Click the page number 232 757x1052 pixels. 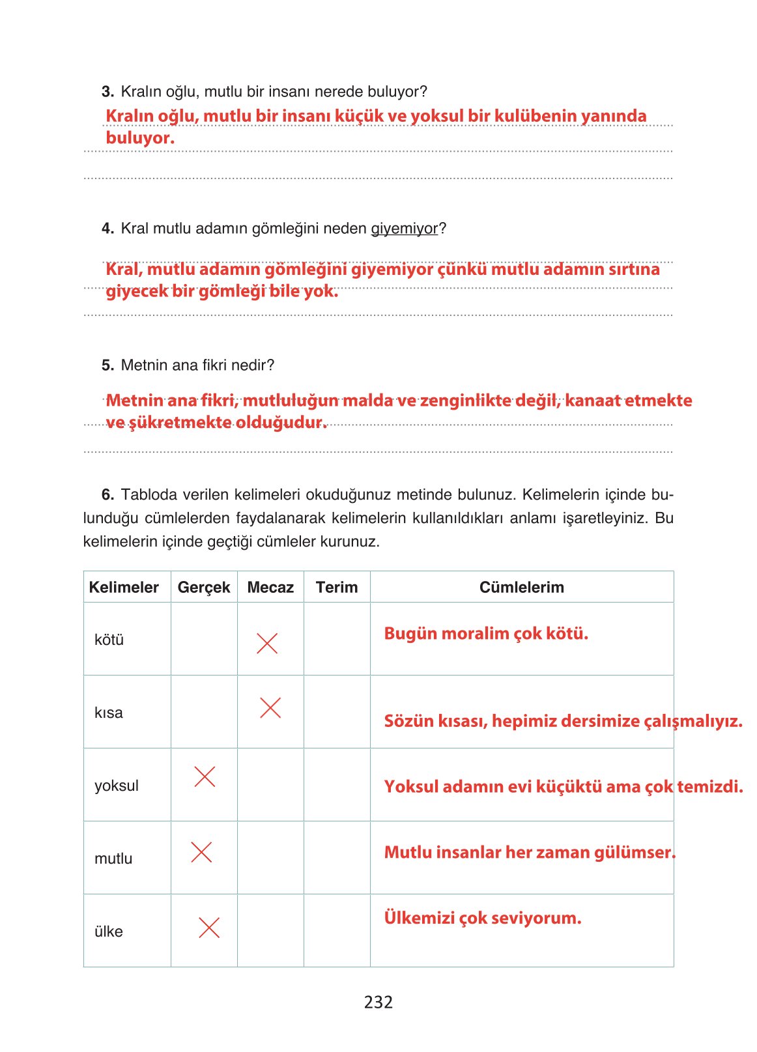[378, 1002]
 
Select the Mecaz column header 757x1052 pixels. [270, 587]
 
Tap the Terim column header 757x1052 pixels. [336, 587]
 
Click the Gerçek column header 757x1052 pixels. [204, 587]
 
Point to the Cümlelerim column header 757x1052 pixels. [521, 587]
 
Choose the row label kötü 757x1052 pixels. [109, 640]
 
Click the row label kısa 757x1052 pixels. [108, 713]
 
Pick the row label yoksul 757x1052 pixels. [116, 786]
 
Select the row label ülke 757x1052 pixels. [108, 931]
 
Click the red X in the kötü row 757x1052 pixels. [267, 643]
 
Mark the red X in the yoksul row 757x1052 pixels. [205, 776]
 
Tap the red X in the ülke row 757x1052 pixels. [208, 928]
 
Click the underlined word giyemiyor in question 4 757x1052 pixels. [404, 229]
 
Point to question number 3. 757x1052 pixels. [107, 92]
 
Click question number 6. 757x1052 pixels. [107, 494]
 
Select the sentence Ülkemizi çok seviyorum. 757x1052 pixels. [482, 918]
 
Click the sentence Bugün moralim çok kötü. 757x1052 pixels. [485, 633]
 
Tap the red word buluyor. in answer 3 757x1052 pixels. [140, 138]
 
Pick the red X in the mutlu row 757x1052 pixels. [201, 852]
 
